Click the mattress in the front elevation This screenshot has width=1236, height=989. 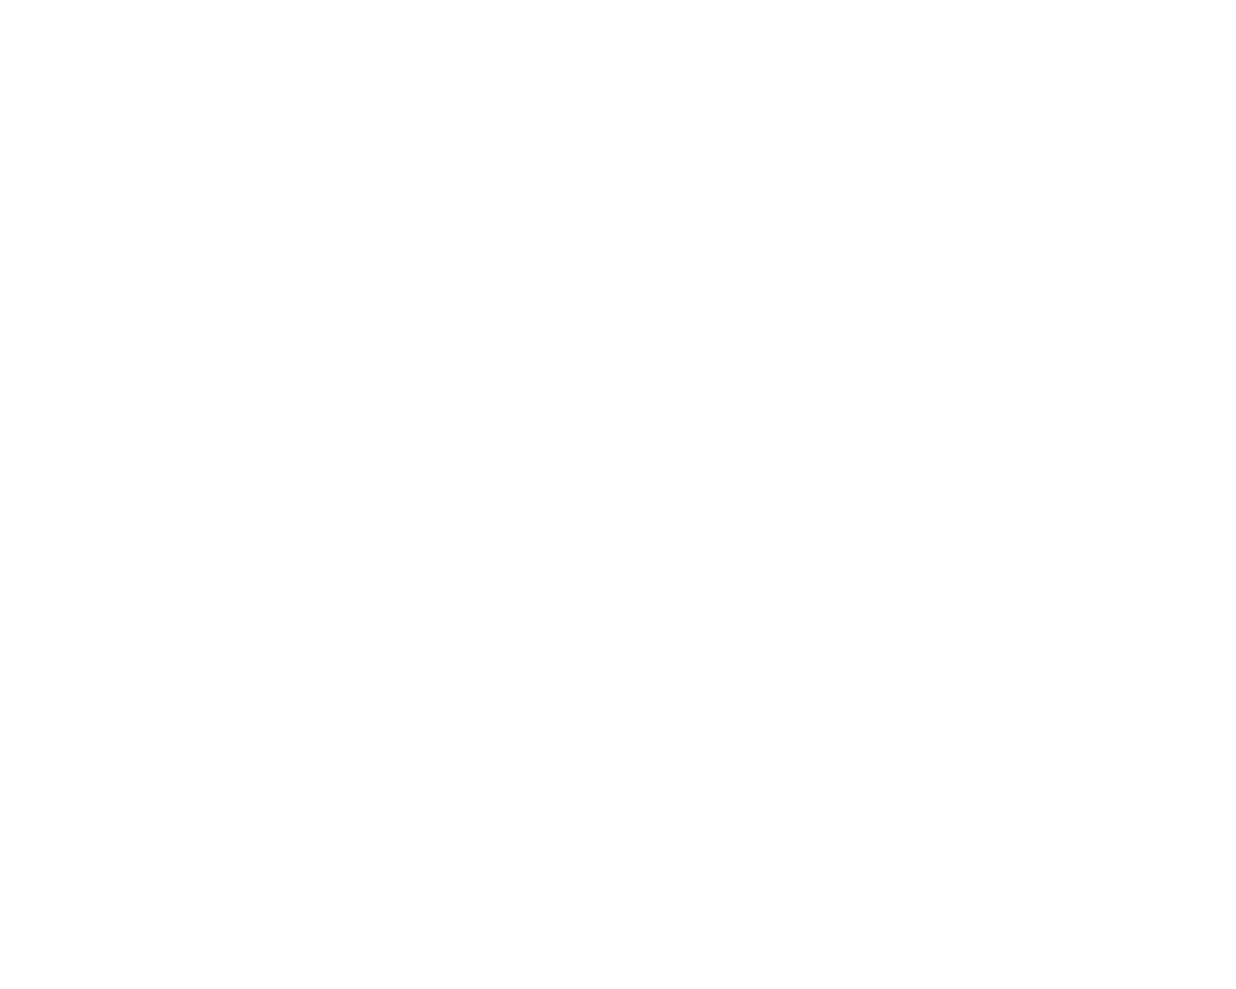point(338,277)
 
